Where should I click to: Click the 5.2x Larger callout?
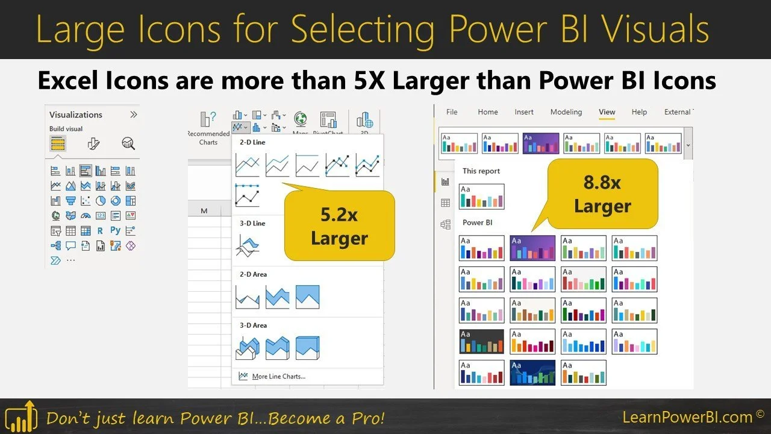pyautogui.click(x=339, y=227)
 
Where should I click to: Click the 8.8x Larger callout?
pyautogui.click(x=602, y=194)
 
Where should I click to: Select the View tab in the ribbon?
pyautogui.click(x=607, y=112)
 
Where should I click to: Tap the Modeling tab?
pyautogui.click(x=566, y=112)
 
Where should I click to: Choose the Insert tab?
pyautogui.click(x=524, y=112)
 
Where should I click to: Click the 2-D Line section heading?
pyautogui.click(x=252, y=142)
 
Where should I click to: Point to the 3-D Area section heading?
pyautogui.click(x=254, y=325)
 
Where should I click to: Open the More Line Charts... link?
pyautogui.click(x=278, y=376)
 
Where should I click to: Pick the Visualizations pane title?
pyautogui.click(x=76, y=115)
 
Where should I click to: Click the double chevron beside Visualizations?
pyautogui.click(x=134, y=115)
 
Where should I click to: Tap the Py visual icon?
pyautogui.click(x=115, y=230)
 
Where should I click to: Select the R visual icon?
pyautogui.click(x=100, y=230)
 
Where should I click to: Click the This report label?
pyautogui.click(x=481, y=171)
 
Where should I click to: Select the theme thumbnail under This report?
pyautogui.click(x=481, y=197)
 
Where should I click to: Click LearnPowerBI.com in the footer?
pyautogui.click(x=687, y=417)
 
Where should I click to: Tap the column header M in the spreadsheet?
pyautogui.click(x=204, y=210)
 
